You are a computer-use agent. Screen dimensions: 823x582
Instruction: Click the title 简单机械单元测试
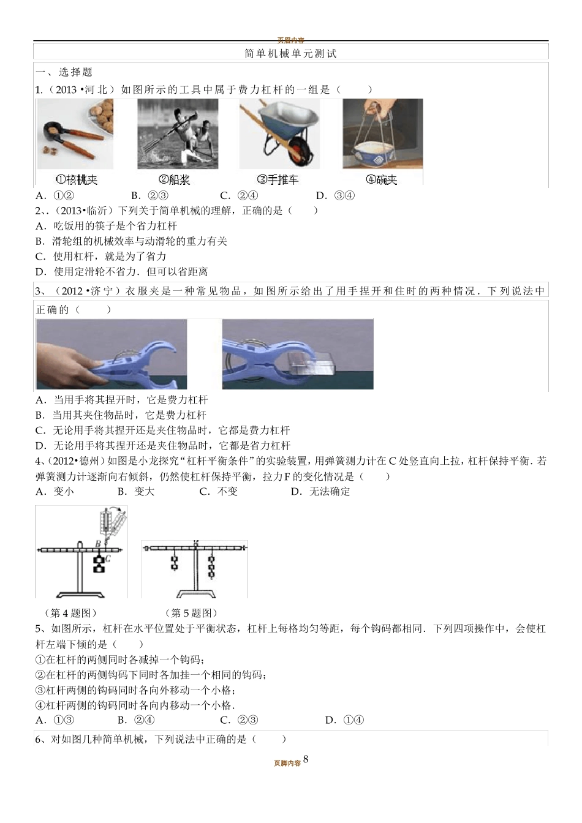tap(290, 54)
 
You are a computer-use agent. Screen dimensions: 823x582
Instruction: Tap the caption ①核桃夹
tap(76, 179)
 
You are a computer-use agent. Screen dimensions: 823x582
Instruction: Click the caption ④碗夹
tap(381, 179)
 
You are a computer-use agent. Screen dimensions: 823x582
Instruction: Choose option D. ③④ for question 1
tap(335, 196)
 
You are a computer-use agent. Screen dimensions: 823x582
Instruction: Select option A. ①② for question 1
tap(55, 196)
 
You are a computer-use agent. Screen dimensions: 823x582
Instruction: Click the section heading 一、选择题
tap(64, 72)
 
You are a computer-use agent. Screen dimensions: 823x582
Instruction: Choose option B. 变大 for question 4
tap(136, 492)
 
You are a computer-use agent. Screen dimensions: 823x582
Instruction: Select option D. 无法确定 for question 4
tap(320, 492)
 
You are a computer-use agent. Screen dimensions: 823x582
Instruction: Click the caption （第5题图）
tap(191, 613)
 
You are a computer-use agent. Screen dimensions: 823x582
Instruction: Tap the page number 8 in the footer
tap(306, 759)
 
